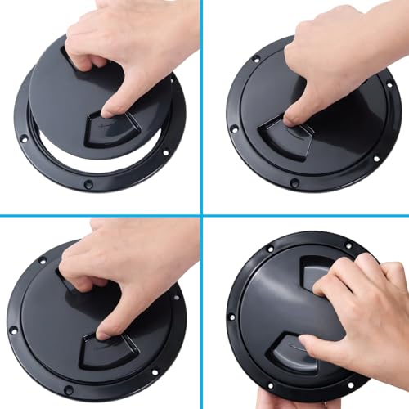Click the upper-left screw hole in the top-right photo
256,59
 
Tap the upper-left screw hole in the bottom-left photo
43,262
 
